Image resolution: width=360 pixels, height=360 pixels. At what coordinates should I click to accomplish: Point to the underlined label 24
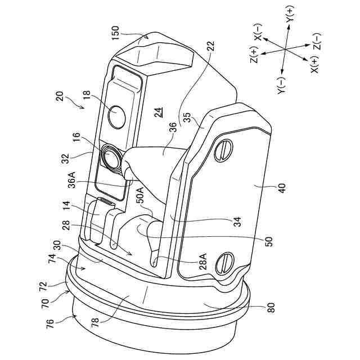[x=160, y=112]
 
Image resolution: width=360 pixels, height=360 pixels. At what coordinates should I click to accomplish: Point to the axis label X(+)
[x=314, y=67]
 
